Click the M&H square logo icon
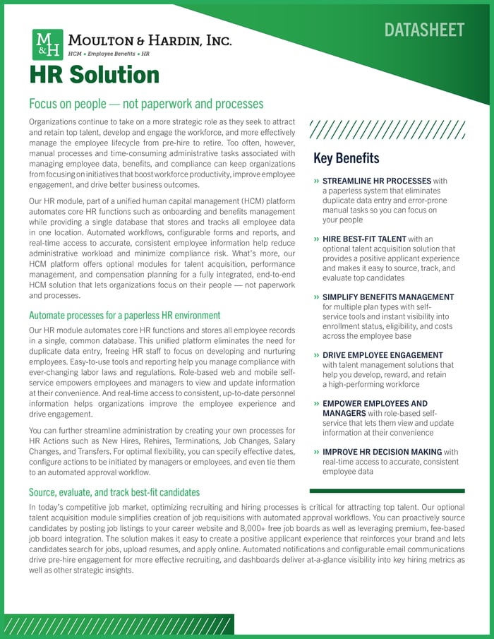pyautogui.click(x=47, y=44)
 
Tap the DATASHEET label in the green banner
pyautogui.click(x=424, y=30)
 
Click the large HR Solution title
pyautogui.click(x=94, y=75)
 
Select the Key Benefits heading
pyautogui.click(x=346, y=158)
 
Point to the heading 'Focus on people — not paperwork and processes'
pyautogui.click(x=146, y=104)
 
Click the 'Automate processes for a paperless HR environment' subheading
pyautogui.click(x=124, y=315)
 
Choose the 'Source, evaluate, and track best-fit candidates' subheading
pyautogui.click(x=114, y=491)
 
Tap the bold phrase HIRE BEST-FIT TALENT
pyautogui.click(x=364, y=239)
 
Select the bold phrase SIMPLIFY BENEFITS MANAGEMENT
pyautogui.click(x=388, y=297)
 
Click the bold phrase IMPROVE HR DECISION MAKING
pyautogui.click(x=382, y=452)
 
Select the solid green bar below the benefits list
pyautogui.click(x=387, y=490)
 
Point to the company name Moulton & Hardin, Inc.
pyautogui.click(x=149, y=41)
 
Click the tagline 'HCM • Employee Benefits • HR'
pyautogui.click(x=108, y=54)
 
